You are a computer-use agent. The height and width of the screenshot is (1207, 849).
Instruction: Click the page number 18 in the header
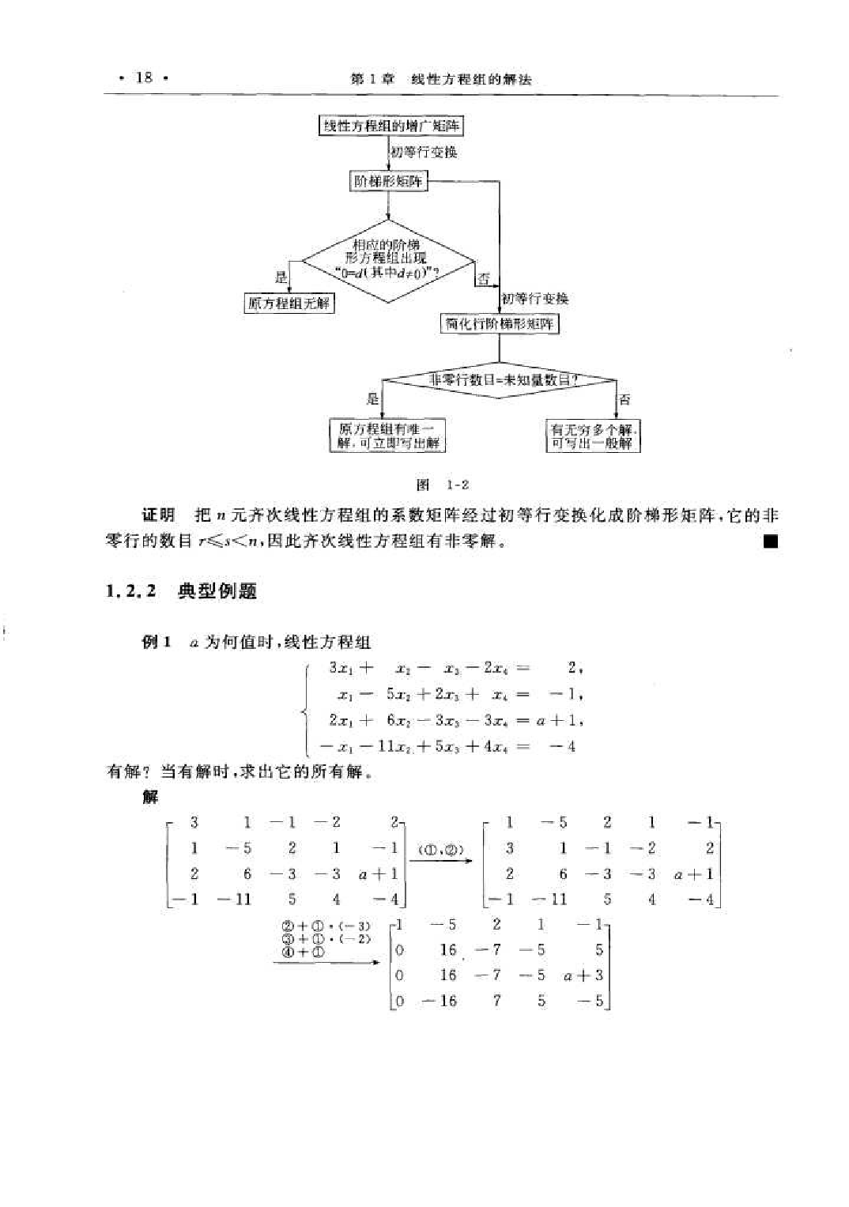point(144,77)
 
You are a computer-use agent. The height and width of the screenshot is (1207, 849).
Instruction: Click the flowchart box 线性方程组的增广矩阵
point(391,126)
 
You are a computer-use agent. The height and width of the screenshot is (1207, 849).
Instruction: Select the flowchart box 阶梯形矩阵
point(388,182)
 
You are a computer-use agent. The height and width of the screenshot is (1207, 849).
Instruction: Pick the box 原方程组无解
point(289,304)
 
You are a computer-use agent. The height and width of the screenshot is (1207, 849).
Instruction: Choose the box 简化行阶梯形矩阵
point(499,323)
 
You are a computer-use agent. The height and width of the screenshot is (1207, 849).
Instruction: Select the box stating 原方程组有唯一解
point(387,436)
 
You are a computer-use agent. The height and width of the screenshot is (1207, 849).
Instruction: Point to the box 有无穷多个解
point(593,436)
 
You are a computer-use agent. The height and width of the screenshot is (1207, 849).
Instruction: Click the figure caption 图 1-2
point(443,485)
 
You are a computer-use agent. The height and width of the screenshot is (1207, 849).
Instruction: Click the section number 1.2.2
point(130,591)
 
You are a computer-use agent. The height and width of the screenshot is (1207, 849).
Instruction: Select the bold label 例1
point(156,642)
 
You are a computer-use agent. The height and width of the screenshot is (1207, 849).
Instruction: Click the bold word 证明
point(158,515)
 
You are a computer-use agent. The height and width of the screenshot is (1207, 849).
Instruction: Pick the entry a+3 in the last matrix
point(583,975)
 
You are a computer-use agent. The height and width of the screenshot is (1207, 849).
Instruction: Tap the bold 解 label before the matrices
point(150,797)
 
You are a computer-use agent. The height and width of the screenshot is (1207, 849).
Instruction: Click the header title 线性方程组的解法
point(471,79)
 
